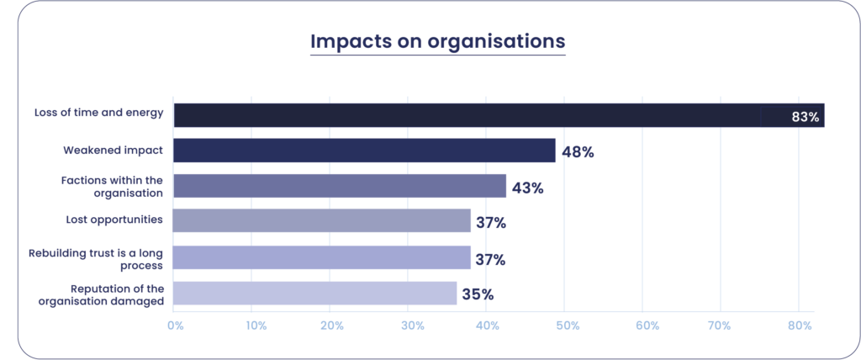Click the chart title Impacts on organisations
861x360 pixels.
(437, 41)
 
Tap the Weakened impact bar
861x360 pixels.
(364, 151)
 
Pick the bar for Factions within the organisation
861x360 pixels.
(340, 186)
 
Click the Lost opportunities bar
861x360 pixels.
(321, 220)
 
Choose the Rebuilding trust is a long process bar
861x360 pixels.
(321, 257)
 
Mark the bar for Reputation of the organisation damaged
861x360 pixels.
(314, 294)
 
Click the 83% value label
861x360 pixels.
(805, 117)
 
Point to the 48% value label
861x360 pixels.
(578, 152)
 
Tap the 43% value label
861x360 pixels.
(527, 188)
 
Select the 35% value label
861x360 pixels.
(477, 294)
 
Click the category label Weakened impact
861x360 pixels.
(114, 151)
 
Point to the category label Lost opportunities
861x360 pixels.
(114, 220)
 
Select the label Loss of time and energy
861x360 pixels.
(98, 113)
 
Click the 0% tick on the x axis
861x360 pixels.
(175, 325)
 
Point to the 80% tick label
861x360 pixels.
(799, 325)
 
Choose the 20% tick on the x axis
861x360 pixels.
(331, 325)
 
